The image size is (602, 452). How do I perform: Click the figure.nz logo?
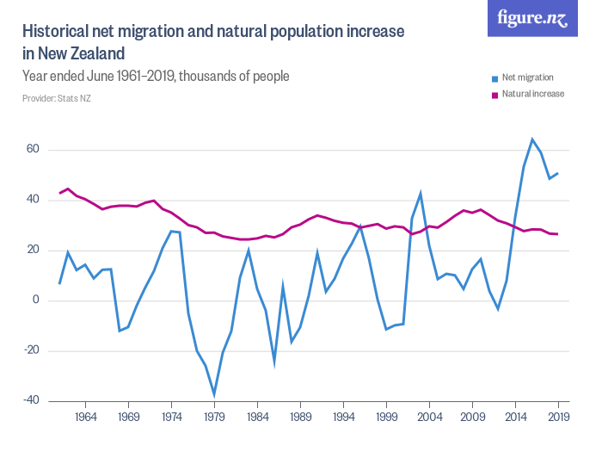(533, 18)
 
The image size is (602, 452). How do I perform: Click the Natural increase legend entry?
(533, 93)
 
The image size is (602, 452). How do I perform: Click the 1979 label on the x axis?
(214, 416)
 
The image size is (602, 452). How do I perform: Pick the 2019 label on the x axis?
(558, 416)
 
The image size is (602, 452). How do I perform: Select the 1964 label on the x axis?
(85, 416)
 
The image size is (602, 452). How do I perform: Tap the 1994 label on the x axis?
(343, 416)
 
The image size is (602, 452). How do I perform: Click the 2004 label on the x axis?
(429, 416)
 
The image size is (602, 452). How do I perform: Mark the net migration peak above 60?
(532, 139)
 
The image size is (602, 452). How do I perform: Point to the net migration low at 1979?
(214, 394)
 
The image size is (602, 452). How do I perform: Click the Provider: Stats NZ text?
(57, 99)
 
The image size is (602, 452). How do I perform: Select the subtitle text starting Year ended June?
(156, 77)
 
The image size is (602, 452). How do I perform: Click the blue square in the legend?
(494, 78)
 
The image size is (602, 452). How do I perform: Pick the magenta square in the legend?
(494, 94)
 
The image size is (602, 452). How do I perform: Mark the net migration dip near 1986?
(274, 361)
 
